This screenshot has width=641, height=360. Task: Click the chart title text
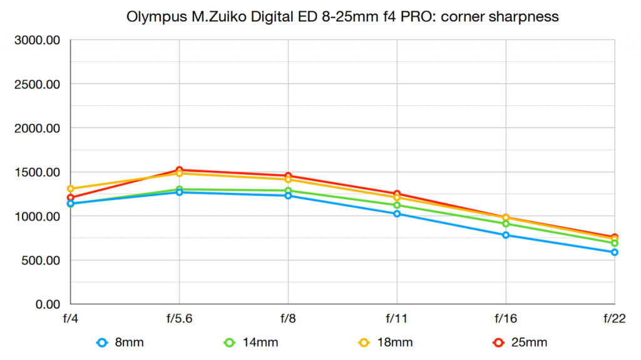point(342,17)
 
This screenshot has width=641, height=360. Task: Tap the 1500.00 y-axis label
point(37,172)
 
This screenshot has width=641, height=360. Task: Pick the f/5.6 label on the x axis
point(180,319)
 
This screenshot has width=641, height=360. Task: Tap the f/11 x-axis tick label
point(397,319)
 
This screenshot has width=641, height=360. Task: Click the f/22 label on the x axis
point(615,319)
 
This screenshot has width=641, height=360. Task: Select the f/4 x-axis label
point(71,319)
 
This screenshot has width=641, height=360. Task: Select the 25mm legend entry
point(520,342)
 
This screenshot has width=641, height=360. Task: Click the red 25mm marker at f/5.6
point(180,170)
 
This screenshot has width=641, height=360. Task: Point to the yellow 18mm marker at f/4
point(71,188)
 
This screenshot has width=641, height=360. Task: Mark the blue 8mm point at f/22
point(615,252)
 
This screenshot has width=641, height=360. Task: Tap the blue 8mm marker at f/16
point(506,235)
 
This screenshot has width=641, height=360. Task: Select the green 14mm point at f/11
point(397,205)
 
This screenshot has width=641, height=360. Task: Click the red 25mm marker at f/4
point(71,198)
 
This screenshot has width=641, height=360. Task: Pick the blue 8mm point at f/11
point(397,213)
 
